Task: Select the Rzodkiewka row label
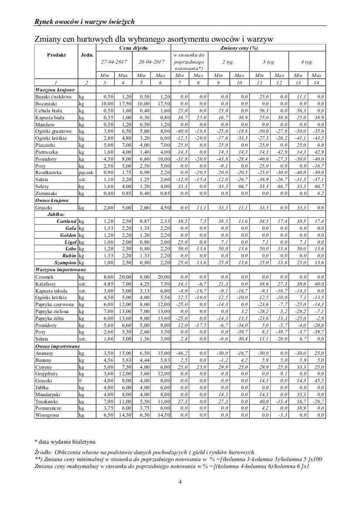(48, 172)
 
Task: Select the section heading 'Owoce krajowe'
(51, 200)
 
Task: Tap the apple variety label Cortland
(66, 221)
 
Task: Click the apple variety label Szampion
(65, 263)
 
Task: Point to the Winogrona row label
(47, 415)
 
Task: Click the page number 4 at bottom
(180, 482)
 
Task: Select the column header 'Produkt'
(56, 55)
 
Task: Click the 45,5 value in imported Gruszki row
(319, 380)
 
